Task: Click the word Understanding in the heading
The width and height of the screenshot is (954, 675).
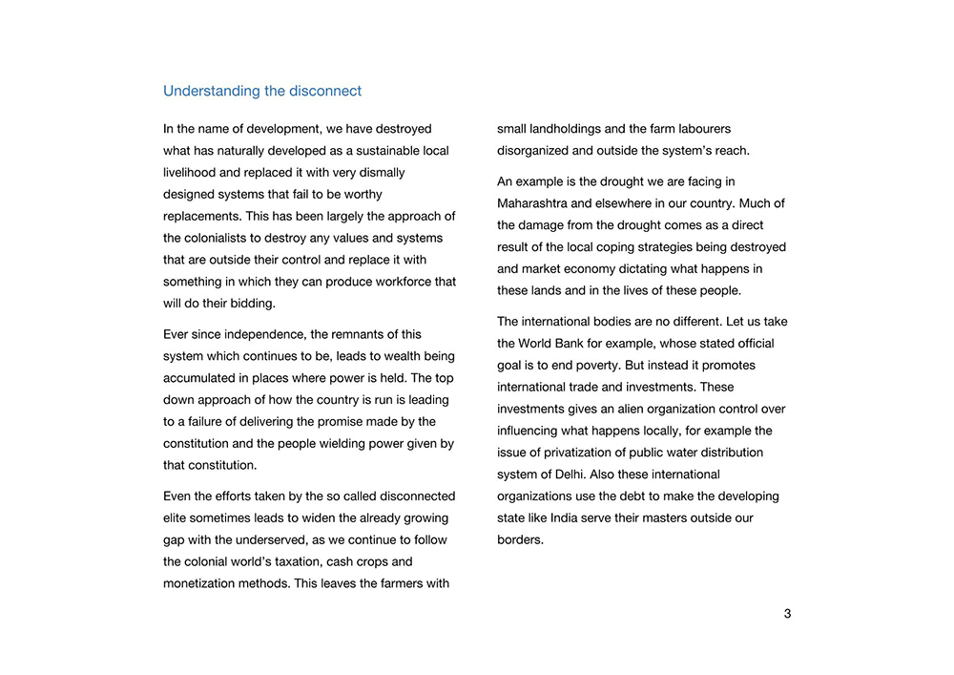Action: click(211, 92)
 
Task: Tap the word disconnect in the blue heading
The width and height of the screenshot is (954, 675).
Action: click(324, 92)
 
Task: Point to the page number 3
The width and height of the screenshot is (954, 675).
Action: click(787, 614)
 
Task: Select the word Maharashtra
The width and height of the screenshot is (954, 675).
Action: click(531, 203)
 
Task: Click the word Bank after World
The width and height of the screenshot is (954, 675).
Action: click(587, 344)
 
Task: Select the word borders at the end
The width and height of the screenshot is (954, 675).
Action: click(519, 540)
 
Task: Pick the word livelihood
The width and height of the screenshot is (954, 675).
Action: click(189, 173)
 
